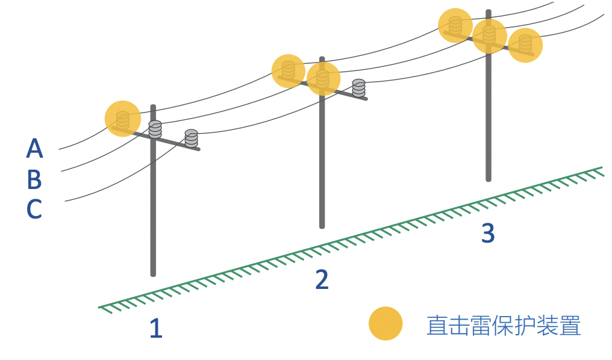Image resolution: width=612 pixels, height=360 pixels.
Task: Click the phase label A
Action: point(34,148)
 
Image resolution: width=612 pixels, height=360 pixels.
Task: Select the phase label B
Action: point(34,179)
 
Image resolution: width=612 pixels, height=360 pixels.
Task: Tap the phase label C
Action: point(34,209)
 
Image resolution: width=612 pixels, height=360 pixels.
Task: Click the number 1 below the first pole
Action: point(156,328)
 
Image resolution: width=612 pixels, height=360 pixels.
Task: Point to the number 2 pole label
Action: point(322,279)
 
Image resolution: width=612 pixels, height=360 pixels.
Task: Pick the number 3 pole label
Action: point(488,233)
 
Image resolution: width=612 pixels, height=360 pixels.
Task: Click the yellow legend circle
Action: point(386,323)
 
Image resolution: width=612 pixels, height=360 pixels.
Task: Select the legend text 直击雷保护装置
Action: point(504,325)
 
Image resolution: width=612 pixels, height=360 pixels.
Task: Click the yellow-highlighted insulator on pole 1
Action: point(122,120)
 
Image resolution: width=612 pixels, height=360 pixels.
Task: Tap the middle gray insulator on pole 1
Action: point(155,129)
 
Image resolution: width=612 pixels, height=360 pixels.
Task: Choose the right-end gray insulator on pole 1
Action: point(192,138)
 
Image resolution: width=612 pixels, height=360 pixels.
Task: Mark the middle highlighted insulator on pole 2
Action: point(322,79)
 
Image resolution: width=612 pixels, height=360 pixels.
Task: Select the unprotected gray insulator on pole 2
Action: point(358,88)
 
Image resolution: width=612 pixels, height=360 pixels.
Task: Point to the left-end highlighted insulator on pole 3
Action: point(455,25)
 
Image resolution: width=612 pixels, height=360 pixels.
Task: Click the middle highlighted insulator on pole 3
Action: point(489,35)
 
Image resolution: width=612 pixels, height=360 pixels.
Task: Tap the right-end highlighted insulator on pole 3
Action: point(525,44)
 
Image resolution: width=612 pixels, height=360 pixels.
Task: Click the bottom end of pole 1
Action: point(153,275)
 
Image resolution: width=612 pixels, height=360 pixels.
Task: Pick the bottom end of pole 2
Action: point(322,226)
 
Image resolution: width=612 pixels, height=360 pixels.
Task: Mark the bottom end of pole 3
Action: point(489,179)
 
